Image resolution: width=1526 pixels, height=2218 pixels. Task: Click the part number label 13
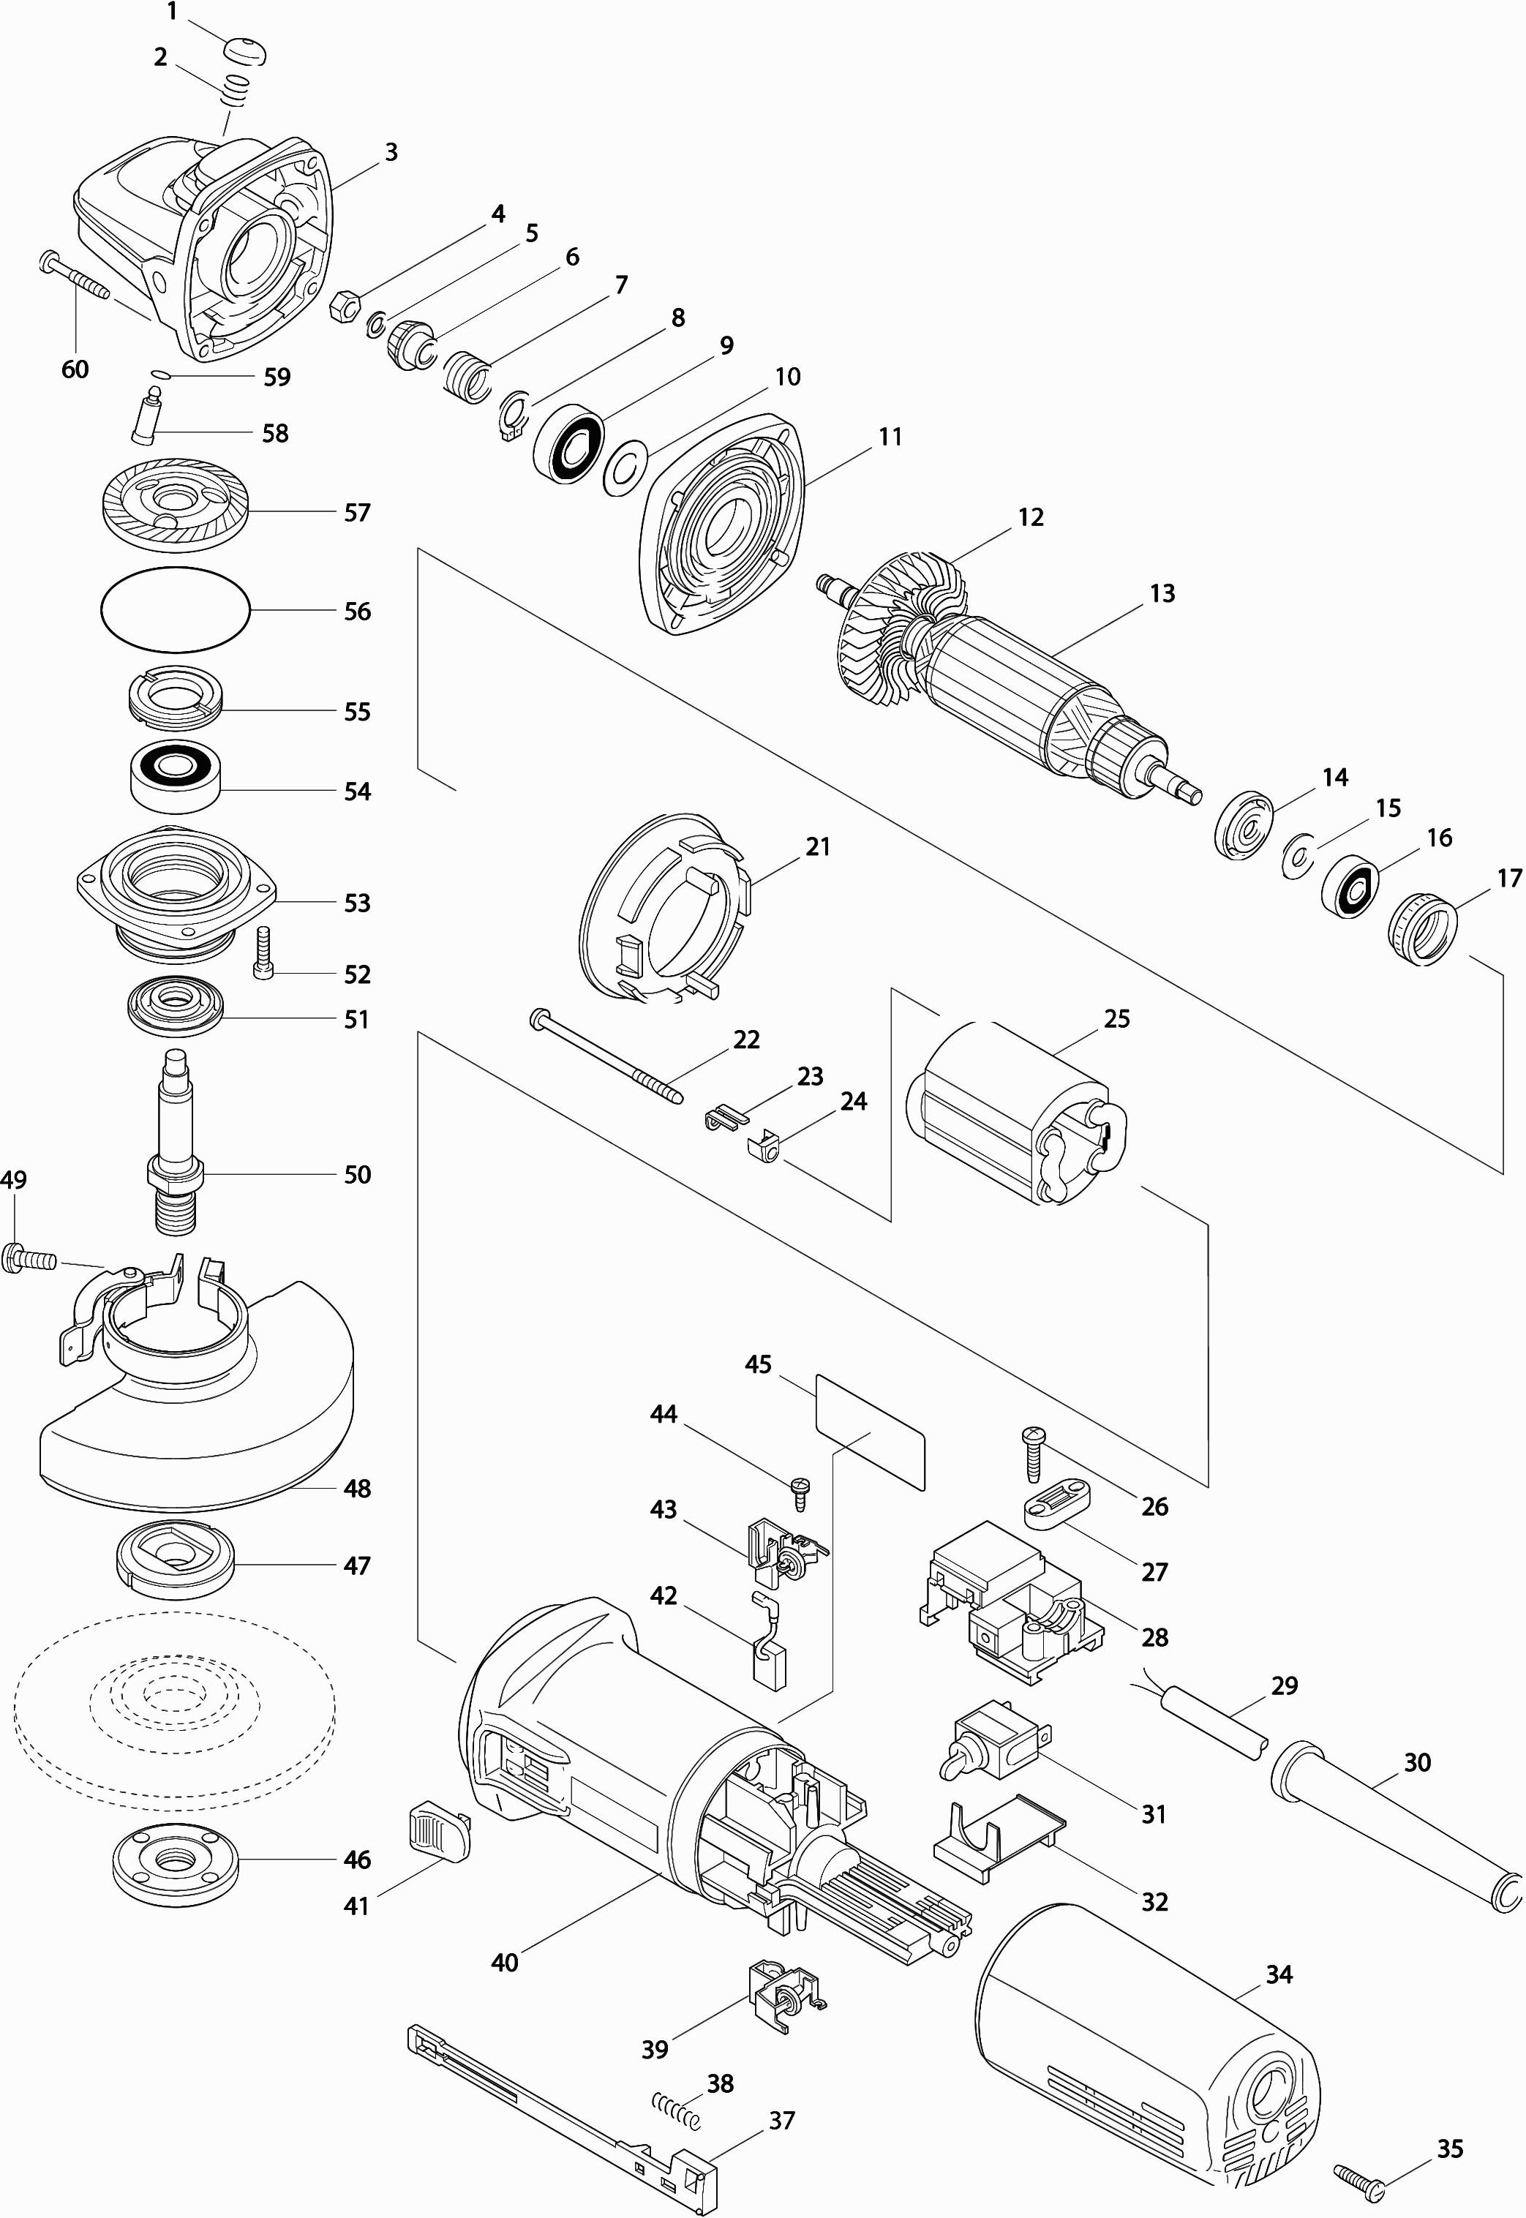click(1162, 594)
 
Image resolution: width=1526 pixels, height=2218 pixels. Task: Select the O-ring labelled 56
click(175, 610)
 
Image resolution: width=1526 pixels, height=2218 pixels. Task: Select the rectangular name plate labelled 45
click(870, 1431)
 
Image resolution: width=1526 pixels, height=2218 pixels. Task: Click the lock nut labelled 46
click(175, 1860)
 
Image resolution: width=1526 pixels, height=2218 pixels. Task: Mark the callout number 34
click(1279, 1974)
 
